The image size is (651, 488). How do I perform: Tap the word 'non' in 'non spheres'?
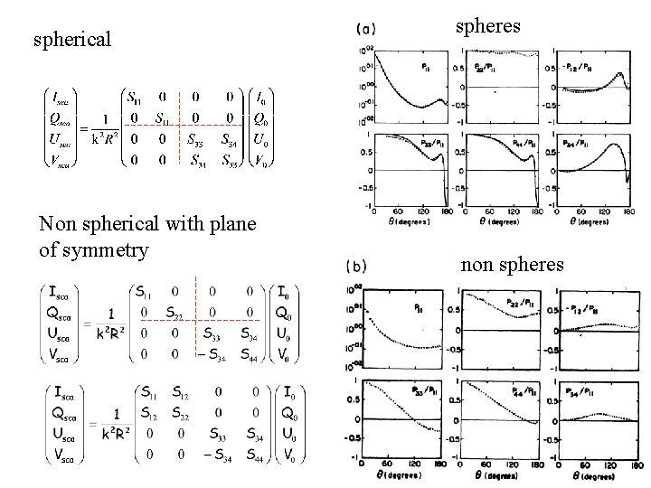click(476, 265)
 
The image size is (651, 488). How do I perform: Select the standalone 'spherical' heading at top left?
click(71, 39)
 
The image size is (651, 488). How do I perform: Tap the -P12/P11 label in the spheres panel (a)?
click(584, 66)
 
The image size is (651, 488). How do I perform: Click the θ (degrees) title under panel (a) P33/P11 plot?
click(401, 221)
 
